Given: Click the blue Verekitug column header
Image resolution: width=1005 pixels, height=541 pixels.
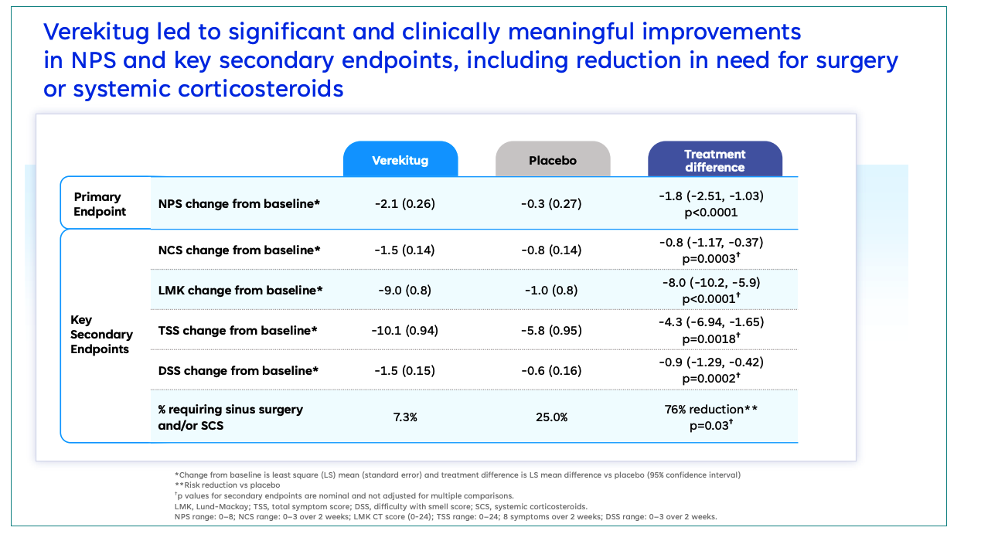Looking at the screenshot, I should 400,161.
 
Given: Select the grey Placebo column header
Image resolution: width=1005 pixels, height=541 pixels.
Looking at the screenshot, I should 553,161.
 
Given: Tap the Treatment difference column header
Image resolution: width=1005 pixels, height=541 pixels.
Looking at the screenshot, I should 714,161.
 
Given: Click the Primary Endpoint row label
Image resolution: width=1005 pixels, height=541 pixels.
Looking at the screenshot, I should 100,204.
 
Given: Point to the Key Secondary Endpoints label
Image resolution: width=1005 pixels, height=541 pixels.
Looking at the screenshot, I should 101,335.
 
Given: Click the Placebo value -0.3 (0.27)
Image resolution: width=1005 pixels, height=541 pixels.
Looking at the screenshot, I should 553,204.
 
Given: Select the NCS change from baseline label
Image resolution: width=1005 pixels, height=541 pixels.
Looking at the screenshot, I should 239,250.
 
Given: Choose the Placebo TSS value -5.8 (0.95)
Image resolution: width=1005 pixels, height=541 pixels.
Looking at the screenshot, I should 553,331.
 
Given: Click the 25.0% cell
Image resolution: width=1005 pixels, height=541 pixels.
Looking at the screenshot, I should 553,417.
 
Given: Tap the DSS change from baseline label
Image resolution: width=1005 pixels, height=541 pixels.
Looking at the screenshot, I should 238,371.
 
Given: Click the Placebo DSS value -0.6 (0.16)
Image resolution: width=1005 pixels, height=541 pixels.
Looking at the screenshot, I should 553,371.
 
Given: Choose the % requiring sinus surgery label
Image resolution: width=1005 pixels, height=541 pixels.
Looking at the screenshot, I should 230,410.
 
